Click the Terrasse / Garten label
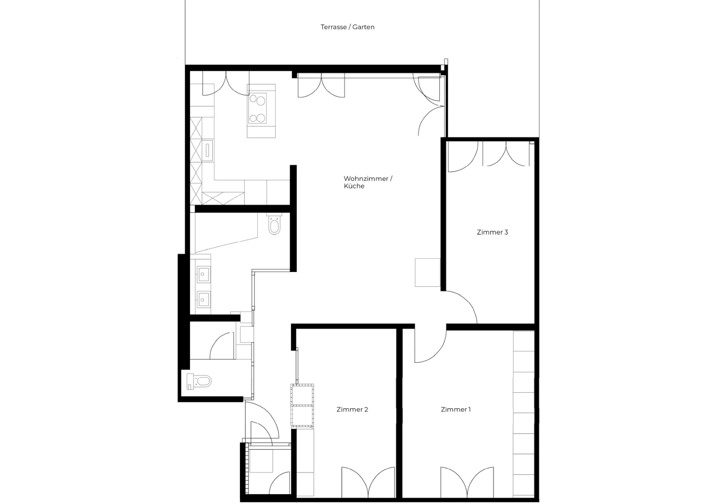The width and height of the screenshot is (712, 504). (x=348, y=27)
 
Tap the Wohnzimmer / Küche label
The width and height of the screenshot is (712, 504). (x=368, y=182)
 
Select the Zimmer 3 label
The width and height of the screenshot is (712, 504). (x=492, y=232)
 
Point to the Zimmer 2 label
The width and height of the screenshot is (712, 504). (x=352, y=409)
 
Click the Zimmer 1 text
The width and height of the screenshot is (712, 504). (x=456, y=409)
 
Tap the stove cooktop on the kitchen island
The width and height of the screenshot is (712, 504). (x=258, y=109)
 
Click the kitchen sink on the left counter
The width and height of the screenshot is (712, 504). (x=207, y=150)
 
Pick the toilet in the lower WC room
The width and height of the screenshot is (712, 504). (x=199, y=381)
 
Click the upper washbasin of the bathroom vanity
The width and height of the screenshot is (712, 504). (x=203, y=274)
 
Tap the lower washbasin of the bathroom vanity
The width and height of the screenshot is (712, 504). (x=203, y=300)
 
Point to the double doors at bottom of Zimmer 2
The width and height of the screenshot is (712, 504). (x=368, y=482)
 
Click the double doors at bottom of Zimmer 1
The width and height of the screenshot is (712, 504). (x=467, y=482)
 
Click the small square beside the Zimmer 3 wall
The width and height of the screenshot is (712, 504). (x=428, y=272)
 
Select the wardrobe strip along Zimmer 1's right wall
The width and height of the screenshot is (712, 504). (x=524, y=414)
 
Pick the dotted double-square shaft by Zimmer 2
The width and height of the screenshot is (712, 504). (x=302, y=406)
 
